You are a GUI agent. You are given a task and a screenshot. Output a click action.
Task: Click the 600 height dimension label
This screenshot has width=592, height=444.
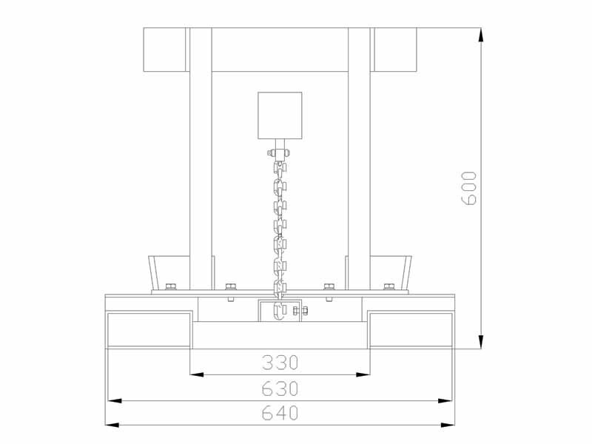(x=469, y=188)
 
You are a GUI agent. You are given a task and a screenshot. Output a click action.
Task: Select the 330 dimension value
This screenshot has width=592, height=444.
(x=280, y=363)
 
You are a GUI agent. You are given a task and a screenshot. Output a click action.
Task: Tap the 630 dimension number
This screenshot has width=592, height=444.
(x=280, y=388)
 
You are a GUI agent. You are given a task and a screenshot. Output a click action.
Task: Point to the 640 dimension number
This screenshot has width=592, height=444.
(x=280, y=413)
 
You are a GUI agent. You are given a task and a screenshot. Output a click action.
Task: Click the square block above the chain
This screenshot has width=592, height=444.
(x=280, y=115)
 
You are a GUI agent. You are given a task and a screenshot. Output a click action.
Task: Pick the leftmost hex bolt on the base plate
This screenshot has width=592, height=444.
(x=171, y=286)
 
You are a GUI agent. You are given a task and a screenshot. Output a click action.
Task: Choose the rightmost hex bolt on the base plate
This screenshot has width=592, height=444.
(x=389, y=286)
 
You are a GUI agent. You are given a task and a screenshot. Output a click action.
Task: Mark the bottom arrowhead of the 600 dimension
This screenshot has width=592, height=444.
(x=480, y=342)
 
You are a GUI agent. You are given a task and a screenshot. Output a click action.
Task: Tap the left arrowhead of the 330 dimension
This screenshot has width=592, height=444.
(x=197, y=374)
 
